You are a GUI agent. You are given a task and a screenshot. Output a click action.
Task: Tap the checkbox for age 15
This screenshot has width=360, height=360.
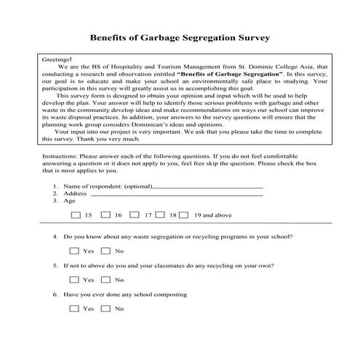[x=76, y=215]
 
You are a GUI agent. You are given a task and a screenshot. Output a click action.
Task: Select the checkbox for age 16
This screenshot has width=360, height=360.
[x=105, y=215]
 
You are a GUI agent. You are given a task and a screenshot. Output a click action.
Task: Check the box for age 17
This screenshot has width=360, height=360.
[x=135, y=215]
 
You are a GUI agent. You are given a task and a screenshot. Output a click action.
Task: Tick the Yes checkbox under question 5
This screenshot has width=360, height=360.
[x=73, y=279]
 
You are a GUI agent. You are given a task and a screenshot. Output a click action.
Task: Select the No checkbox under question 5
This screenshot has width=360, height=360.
[x=105, y=279]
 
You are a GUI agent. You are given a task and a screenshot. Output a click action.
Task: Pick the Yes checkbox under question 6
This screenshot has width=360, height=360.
[x=73, y=308]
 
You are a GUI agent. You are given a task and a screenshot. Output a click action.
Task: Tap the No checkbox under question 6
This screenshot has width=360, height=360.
[x=105, y=308]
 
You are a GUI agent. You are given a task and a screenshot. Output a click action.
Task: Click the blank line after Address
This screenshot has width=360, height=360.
[x=175, y=194]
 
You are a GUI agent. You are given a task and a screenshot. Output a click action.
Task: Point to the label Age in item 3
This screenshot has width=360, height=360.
[x=70, y=201]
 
